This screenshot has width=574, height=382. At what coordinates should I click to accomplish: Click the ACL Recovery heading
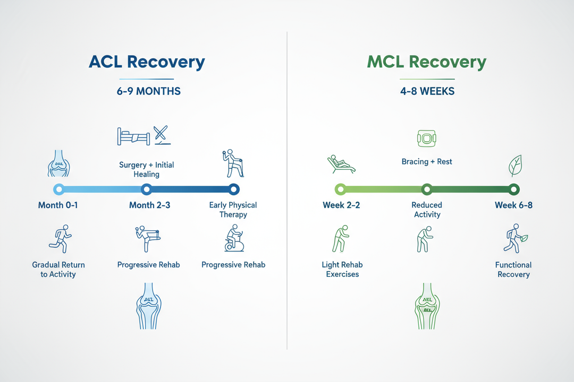click(146, 62)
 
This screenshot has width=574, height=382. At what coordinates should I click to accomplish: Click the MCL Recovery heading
click(426, 62)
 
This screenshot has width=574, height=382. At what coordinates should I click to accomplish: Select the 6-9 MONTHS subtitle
click(149, 91)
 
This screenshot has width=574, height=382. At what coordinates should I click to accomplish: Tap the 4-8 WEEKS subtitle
click(427, 91)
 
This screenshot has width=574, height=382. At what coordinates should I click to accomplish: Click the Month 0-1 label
click(58, 205)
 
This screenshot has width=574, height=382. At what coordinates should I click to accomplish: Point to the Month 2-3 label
click(149, 205)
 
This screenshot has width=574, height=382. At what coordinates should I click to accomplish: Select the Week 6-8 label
click(513, 205)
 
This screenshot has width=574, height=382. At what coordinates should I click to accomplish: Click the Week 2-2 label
click(341, 205)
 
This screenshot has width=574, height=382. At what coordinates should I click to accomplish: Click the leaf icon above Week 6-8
click(514, 166)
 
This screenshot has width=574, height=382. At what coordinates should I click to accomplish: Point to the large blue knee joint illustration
click(148, 305)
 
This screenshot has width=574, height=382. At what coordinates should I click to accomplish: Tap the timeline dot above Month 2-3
click(147, 189)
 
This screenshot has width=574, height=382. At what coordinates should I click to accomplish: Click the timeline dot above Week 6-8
click(513, 189)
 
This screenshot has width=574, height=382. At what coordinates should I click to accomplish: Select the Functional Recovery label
click(513, 270)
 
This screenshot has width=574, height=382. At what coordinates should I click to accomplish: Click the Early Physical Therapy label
click(233, 210)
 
